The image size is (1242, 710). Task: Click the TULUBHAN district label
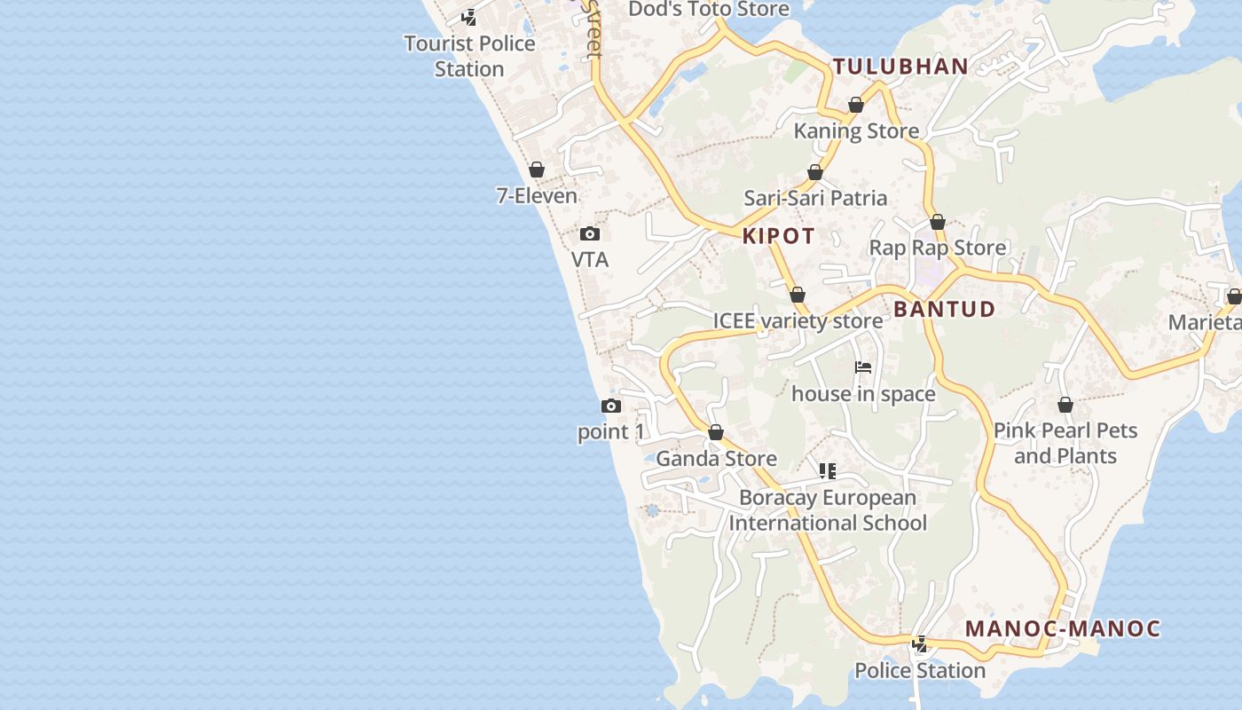click(900, 67)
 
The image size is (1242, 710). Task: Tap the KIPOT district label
click(778, 236)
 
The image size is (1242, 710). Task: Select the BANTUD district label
click(944, 309)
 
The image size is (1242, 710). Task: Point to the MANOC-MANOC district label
click(1063, 628)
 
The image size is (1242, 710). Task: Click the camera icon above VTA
click(590, 234)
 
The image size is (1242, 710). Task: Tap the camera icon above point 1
click(611, 406)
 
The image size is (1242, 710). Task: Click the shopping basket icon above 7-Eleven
click(537, 170)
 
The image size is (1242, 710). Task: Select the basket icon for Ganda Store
click(716, 433)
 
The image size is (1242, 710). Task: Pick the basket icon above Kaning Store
click(856, 106)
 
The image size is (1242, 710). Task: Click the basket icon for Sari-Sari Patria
click(815, 172)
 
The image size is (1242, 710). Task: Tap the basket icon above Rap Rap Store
click(938, 222)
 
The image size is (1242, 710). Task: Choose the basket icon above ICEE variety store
click(798, 295)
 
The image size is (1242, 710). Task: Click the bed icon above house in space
click(863, 367)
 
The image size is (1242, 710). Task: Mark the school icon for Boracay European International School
click(828, 471)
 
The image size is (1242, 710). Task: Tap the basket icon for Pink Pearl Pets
click(1065, 406)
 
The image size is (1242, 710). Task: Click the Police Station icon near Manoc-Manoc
click(920, 644)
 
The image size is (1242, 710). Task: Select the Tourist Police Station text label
click(469, 56)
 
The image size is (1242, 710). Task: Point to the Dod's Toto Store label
click(709, 9)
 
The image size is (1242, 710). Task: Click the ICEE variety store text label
click(798, 320)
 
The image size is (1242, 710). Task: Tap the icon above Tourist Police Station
click(469, 17)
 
